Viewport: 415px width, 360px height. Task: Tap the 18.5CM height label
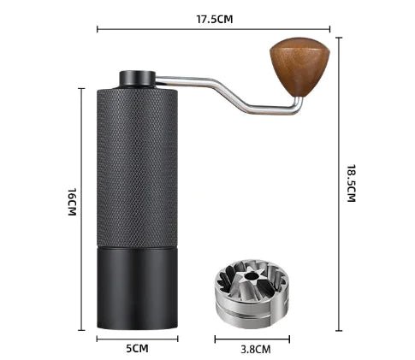[350, 182]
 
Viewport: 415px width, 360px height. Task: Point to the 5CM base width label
[137, 348]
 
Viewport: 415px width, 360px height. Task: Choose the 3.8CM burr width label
[255, 349]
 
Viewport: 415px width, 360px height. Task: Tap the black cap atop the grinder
[138, 79]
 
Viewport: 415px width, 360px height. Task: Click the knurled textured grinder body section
[137, 162]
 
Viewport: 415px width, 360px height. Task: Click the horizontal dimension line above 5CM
[137, 339]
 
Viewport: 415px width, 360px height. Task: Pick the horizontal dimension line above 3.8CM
[255, 339]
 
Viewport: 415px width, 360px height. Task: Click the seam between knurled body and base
[137, 245]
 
